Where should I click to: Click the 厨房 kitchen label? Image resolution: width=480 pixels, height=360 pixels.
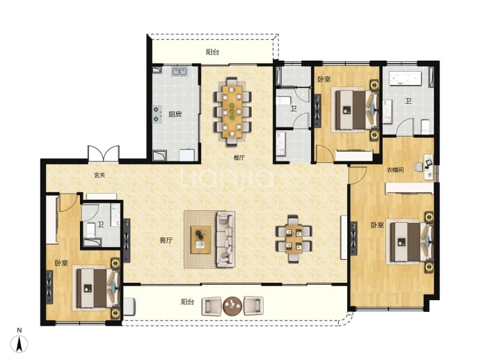coord(175,114)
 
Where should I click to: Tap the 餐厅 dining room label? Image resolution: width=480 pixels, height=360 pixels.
coord(239,158)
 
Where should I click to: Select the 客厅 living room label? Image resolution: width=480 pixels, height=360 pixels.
coord(166,240)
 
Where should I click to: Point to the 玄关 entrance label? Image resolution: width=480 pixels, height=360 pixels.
coord(99,175)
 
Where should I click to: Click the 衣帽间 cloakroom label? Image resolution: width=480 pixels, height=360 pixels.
coord(395,170)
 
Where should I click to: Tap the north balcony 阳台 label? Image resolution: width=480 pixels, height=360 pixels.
coord(212,52)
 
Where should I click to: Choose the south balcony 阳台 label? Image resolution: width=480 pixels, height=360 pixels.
coord(187,302)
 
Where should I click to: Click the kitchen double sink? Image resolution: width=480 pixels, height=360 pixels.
coord(179,72)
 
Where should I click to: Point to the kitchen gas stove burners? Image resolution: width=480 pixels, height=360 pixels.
coord(157,114)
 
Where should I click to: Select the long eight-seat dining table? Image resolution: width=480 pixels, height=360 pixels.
coord(232,111)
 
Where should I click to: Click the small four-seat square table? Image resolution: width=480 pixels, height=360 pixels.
coord(294,239)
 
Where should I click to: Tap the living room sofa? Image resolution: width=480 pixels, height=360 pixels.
coord(225,239)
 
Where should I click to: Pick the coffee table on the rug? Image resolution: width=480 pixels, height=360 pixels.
coord(201,240)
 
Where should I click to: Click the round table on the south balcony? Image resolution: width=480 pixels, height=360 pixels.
coord(232,306)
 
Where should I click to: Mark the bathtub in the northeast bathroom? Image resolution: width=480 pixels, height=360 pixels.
coord(405,79)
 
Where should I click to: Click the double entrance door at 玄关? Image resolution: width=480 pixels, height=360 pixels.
coord(104,153)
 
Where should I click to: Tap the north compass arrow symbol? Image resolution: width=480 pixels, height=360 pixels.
coord(19,344)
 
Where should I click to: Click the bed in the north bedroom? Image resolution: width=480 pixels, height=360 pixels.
coord(355,110)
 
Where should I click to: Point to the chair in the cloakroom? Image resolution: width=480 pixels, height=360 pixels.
coord(419,167)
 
